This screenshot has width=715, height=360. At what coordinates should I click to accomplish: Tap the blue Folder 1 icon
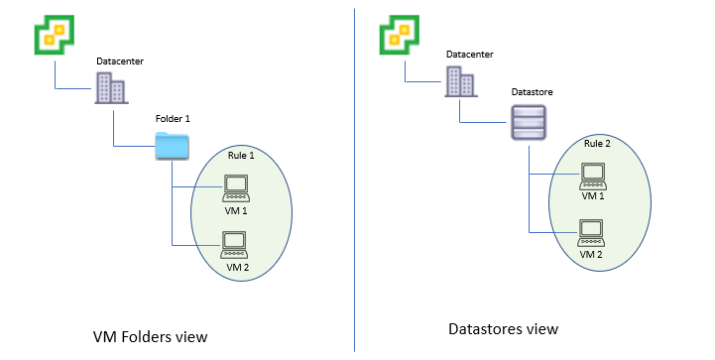click(x=172, y=146)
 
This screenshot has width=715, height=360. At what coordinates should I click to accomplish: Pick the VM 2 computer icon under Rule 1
click(x=235, y=243)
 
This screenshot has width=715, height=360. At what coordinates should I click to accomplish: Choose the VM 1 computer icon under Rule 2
click(x=592, y=175)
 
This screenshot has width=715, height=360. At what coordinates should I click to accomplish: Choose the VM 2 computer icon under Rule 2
click(x=592, y=231)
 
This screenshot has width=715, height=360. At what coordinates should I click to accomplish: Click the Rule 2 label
click(x=596, y=144)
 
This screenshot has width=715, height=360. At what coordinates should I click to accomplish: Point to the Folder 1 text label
click(x=173, y=118)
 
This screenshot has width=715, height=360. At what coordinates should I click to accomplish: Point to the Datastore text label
click(x=532, y=92)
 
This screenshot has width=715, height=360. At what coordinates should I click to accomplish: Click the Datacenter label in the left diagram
click(x=120, y=61)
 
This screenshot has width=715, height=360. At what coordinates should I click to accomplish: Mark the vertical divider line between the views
click(x=354, y=179)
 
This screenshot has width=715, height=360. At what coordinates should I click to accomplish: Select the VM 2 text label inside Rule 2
click(x=592, y=254)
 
